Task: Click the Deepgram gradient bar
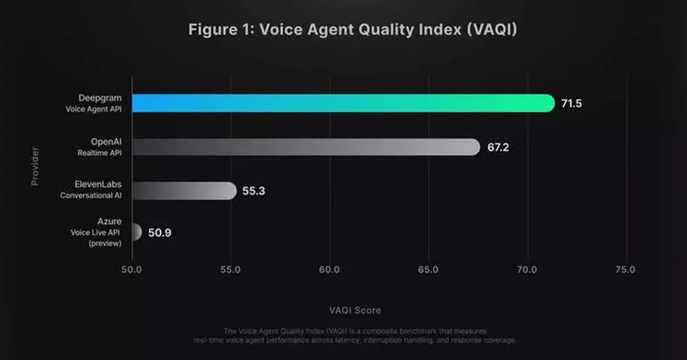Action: (x=343, y=103)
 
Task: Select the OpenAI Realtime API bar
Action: (x=306, y=147)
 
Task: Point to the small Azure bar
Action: (x=136, y=232)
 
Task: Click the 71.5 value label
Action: (x=571, y=104)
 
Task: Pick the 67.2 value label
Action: (x=498, y=148)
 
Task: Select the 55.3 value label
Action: (x=254, y=191)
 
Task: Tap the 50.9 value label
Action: (x=160, y=233)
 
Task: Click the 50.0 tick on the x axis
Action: (x=132, y=270)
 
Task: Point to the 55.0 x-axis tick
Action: (x=230, y=270)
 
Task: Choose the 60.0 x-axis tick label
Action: (x=329, y=270)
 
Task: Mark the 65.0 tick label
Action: (x=428, y=270)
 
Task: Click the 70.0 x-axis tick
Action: (x=527, y=270)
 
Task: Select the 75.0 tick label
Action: (x=625, y=270)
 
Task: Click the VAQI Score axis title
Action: (x=355, y=310)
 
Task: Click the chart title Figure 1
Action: (x=353, y=30)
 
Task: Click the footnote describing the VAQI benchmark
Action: (x=355, y=335)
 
